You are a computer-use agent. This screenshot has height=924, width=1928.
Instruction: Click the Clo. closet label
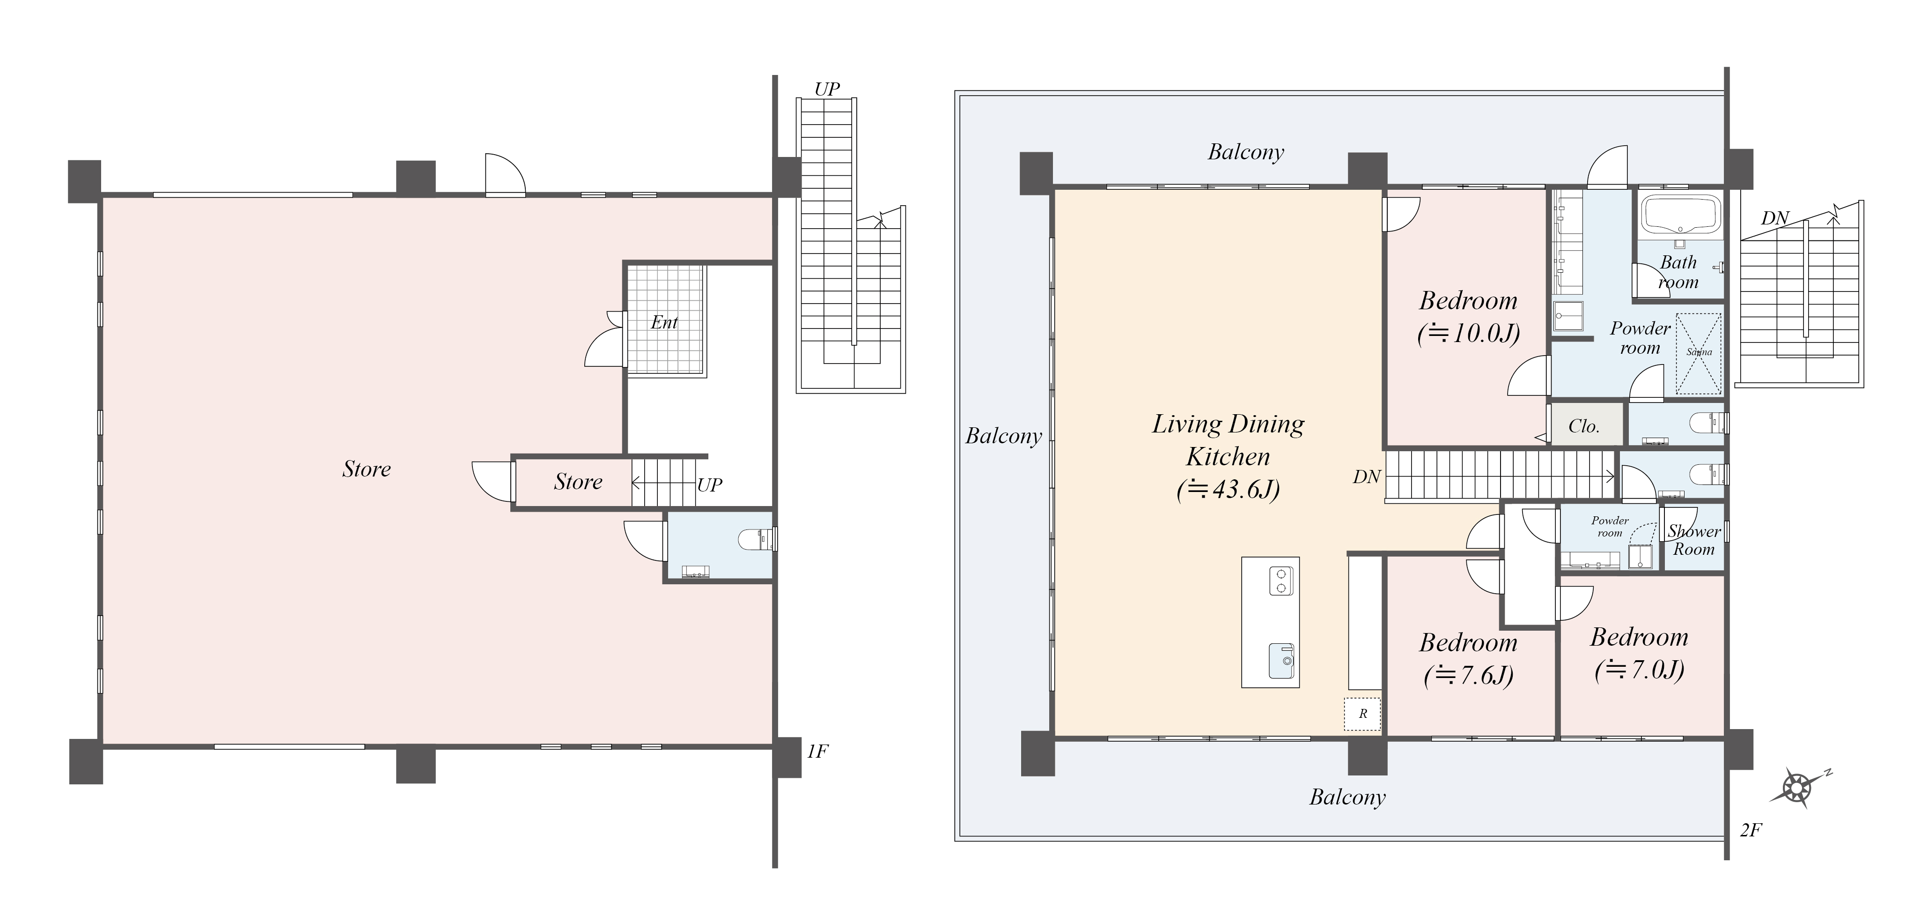(x=1584, y=426)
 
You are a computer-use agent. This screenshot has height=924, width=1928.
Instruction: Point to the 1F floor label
(x=817, y=751)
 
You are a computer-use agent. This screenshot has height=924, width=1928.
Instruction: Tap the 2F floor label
(x=1751, y=830)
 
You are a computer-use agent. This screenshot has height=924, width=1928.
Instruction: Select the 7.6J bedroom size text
(x=1468, y=675)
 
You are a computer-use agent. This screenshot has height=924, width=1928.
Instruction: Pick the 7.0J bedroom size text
(x=1639, y=670)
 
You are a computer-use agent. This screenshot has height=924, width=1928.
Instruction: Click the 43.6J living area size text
(x=1228, y=490)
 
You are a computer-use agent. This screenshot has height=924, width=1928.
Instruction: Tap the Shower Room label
(x=1694, y=540)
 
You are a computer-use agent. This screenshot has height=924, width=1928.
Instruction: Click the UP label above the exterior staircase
(x=827, y=89)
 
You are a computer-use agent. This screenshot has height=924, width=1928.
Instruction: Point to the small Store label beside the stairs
(x=578, y=482)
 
